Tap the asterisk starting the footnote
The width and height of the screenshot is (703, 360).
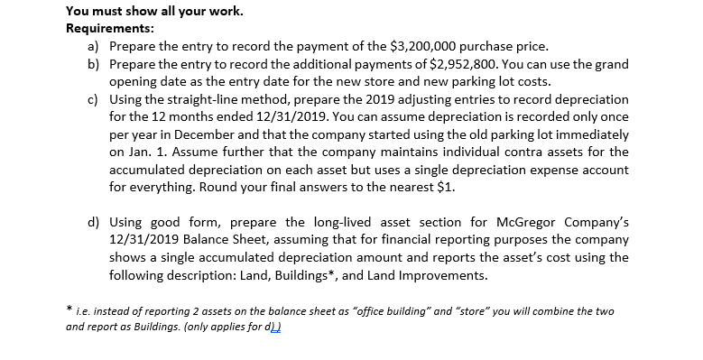coord(69,309)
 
